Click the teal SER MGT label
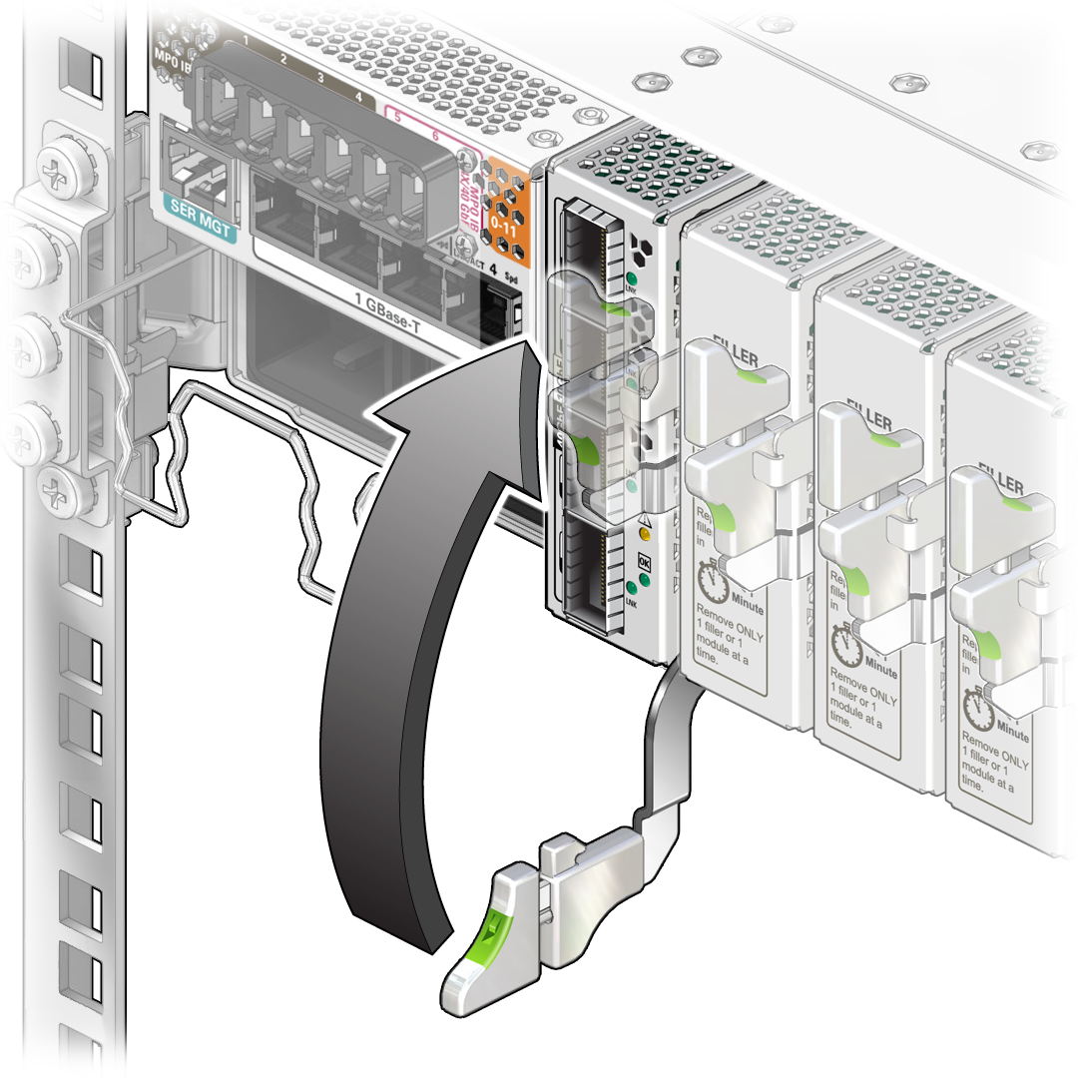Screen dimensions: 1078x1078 [x=197, y=233]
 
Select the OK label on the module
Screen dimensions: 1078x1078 [x=645, y=562]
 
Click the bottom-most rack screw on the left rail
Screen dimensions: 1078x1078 [x=53, y=488]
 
